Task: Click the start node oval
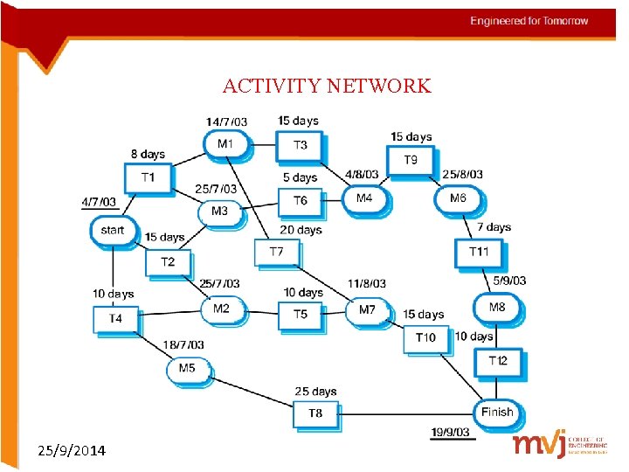click(113, 231)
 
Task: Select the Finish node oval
click(497, 412)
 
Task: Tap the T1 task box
click(148, 177)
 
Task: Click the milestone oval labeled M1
click(225, 143)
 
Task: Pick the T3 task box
click(300, 145)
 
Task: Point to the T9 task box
click(411, 160)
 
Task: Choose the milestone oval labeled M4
click(364, 198)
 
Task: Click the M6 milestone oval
click(458, 198)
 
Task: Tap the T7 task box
click(276, 252)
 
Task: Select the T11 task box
click(479, 252)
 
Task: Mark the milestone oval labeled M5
click(187, 369)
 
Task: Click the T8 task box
click(315, 413)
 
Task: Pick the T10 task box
click(425, 337)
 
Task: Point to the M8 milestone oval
click(496, 308)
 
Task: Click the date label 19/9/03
click(451, 432)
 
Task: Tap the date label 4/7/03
click(99, 202)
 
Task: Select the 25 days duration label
click(315, 392)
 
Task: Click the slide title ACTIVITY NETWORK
click(327, 86)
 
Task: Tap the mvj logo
click(560, 444)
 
